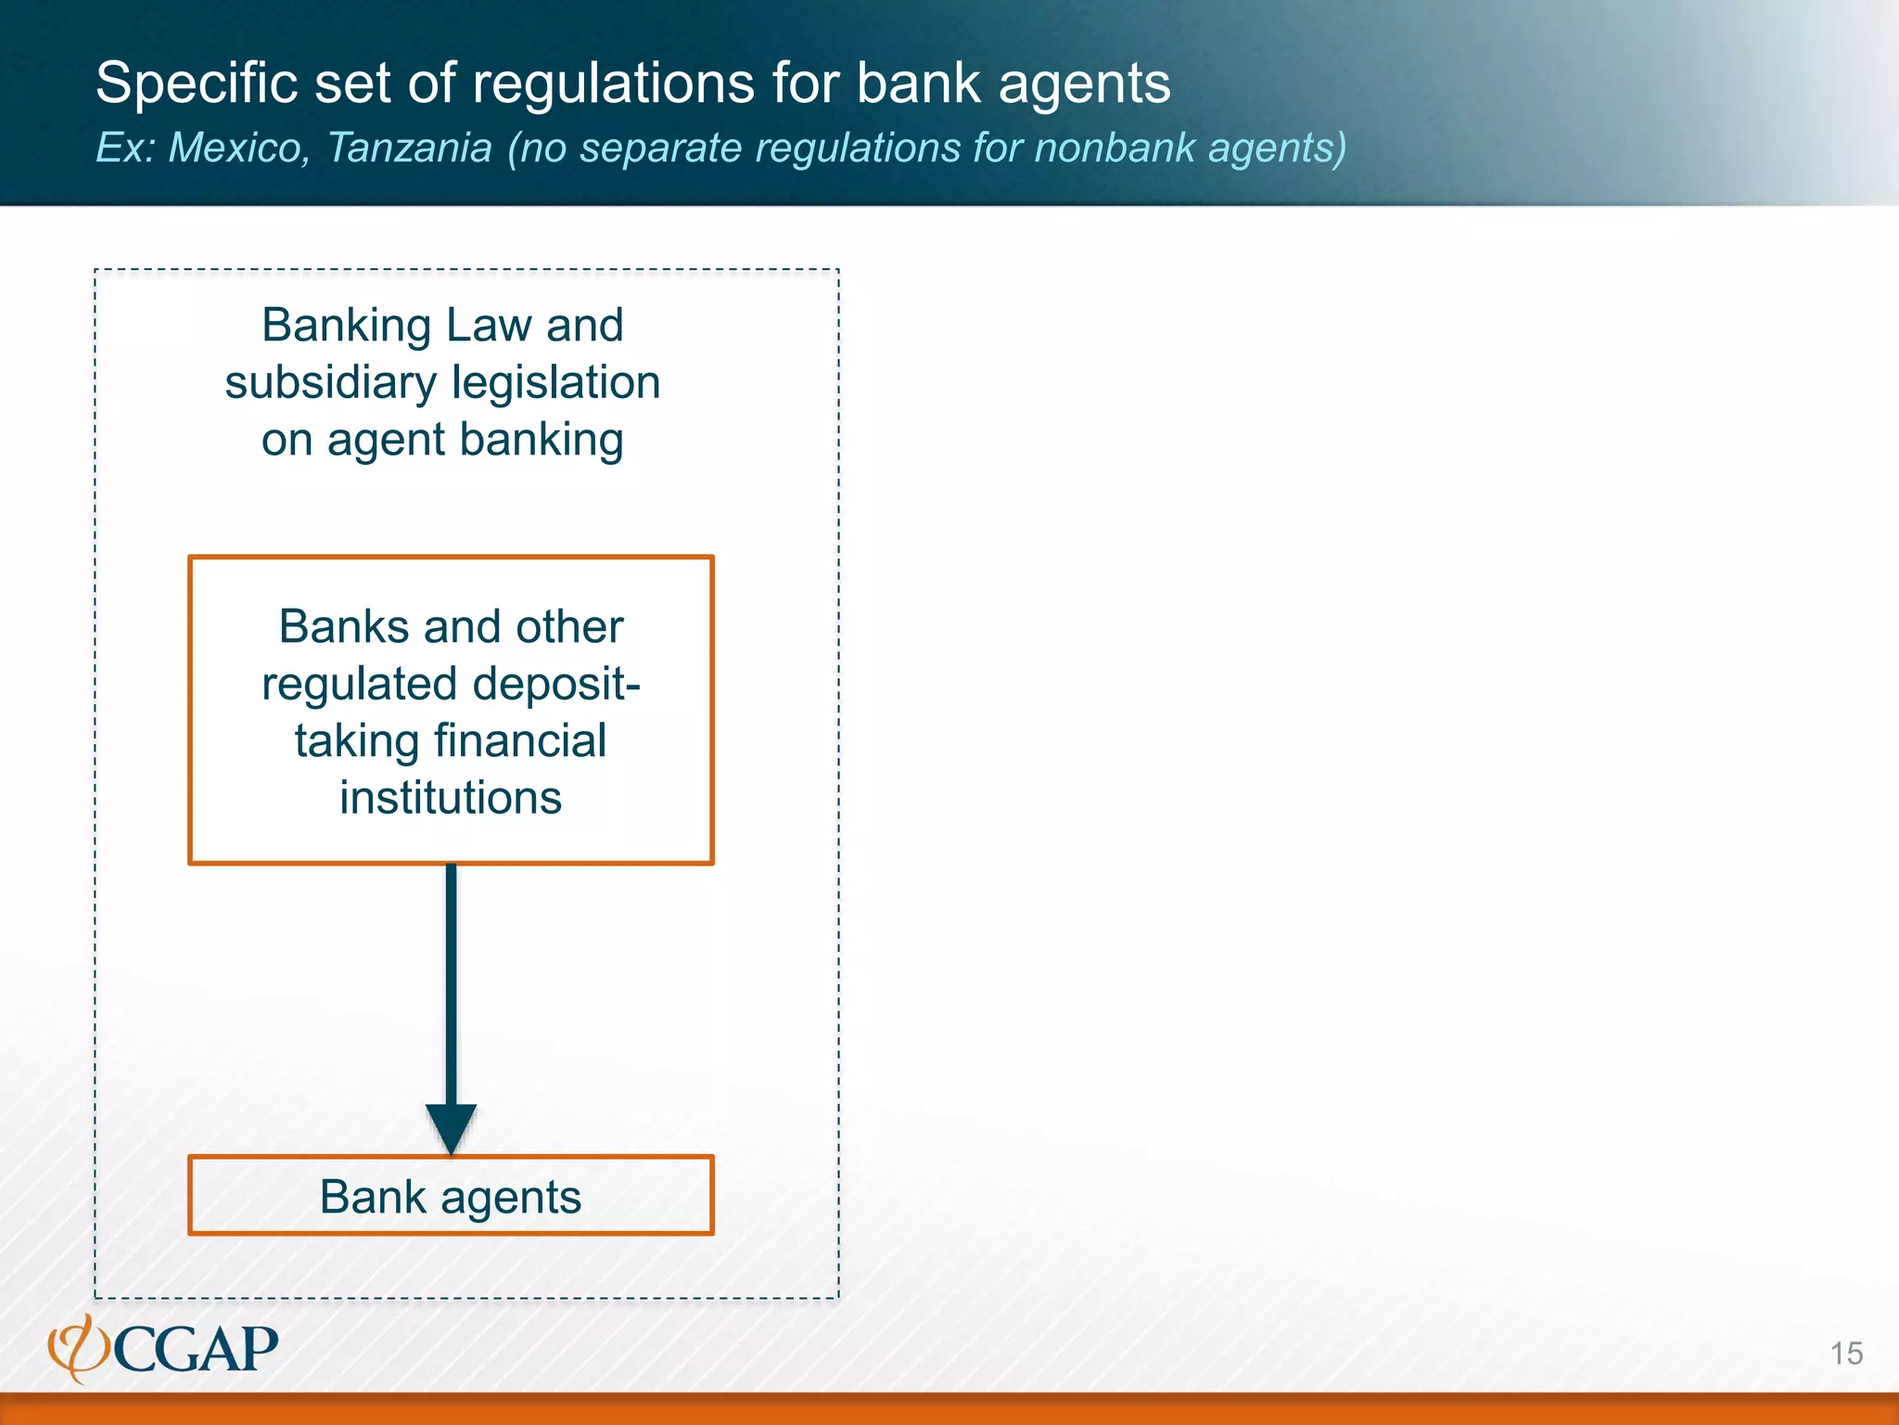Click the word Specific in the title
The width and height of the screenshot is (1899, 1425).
196,84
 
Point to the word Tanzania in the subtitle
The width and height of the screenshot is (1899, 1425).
409,148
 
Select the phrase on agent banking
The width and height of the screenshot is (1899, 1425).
442,440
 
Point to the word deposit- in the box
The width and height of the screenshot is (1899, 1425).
556,685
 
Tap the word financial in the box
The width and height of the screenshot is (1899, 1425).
519,741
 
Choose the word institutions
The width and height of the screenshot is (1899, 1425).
451,798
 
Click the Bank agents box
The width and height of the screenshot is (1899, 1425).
451,1196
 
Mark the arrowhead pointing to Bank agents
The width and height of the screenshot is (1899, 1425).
451,1127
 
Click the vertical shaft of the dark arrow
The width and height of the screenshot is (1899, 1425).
451,983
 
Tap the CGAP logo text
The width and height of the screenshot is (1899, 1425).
197,1350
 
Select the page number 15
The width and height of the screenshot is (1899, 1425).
1846,1354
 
